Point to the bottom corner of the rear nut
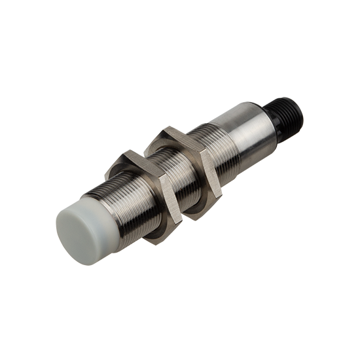tap(196, 215)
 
